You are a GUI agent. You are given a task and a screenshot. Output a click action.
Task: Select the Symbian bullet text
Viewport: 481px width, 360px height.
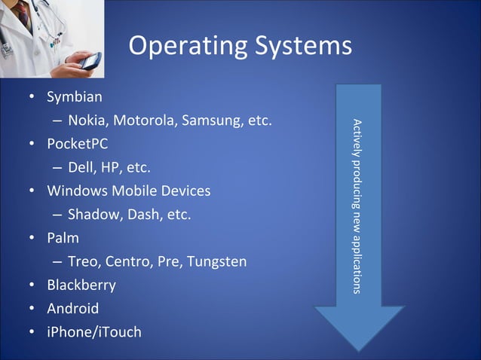point(75,97)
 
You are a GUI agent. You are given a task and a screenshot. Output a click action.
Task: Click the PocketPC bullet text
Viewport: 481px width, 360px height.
point(77,143)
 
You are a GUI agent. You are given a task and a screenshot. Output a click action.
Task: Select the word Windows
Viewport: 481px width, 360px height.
point(75,191)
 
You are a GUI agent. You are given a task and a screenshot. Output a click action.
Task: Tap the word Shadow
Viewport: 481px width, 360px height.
point(93,215)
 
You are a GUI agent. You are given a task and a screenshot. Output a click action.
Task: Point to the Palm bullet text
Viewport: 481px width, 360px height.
point(63,238)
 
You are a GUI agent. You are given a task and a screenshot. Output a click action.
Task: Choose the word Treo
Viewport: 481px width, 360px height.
point(82,262)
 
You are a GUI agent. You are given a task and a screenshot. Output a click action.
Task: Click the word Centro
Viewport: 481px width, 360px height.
point(129,262)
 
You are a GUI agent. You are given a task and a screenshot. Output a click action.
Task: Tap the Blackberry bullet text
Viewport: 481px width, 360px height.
point(81,285)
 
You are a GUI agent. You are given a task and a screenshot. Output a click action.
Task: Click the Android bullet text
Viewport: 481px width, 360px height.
point(72,309)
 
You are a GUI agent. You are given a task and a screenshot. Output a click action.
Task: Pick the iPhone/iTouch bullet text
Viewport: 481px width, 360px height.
point(93,332)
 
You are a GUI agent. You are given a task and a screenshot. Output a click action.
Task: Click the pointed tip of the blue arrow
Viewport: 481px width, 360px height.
point(359,351)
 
